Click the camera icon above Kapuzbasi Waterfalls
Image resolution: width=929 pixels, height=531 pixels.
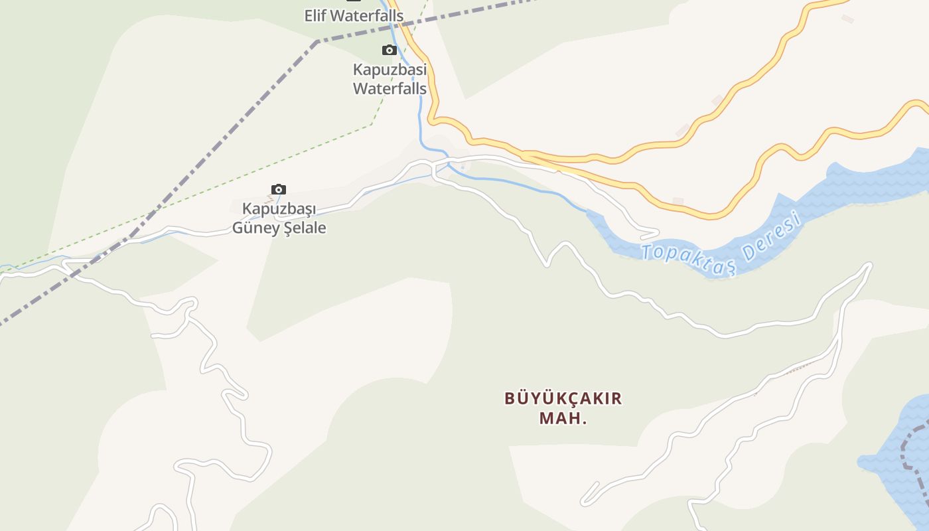click(389, 50)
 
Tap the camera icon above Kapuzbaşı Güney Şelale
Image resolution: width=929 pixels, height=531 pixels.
click(279, 190)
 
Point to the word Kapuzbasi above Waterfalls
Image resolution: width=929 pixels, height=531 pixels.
click(390, 70)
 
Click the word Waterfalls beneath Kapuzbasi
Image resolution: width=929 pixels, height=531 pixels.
click(390, 88)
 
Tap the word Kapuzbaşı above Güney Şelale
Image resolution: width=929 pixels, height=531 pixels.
click(279, 209)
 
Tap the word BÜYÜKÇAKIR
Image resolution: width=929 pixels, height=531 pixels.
click(563, 398)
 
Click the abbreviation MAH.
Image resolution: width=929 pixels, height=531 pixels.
click(563, 419)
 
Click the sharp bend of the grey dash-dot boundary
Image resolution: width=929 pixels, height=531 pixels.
click(317, 41)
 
